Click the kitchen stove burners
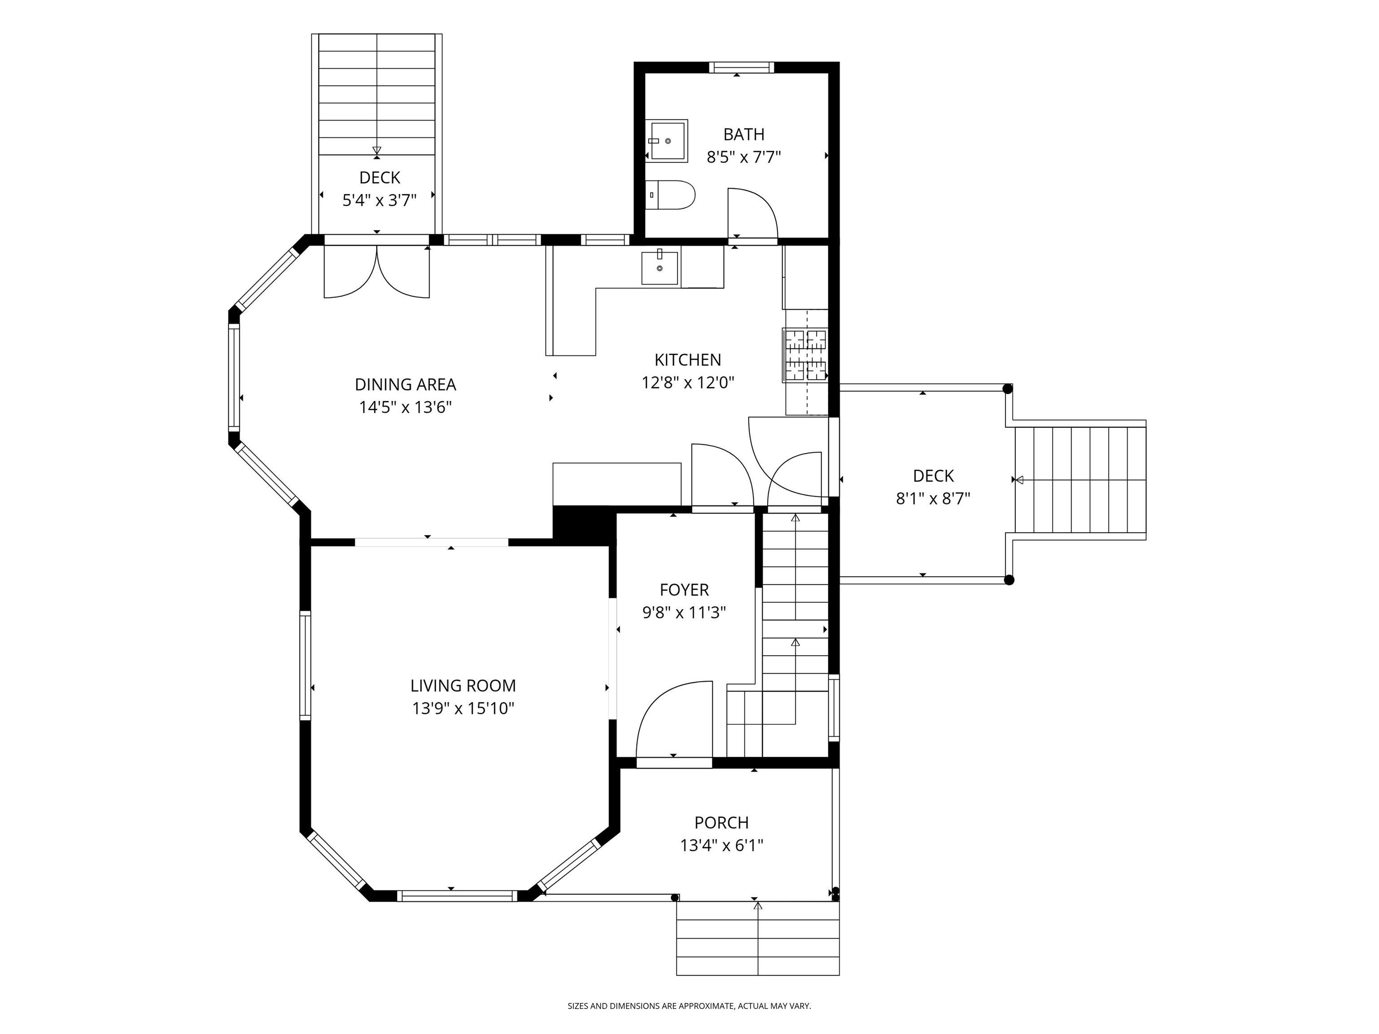pos(805,355)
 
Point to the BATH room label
pos(744,134)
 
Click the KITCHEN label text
pos(688,359)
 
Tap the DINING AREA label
pos(405,385)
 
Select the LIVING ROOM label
pos(463,686)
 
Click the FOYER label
pos(685,590)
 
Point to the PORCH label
pos(722,823)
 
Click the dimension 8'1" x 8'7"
pos(933,499)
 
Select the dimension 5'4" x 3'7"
pos(380,200)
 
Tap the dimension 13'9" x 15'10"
pos(463,709)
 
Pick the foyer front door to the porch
pos(674,720)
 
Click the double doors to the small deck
pos(377,272)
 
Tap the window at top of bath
pos(741,67)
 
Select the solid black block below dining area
pos(583,524)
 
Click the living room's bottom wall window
pos(457,896)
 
